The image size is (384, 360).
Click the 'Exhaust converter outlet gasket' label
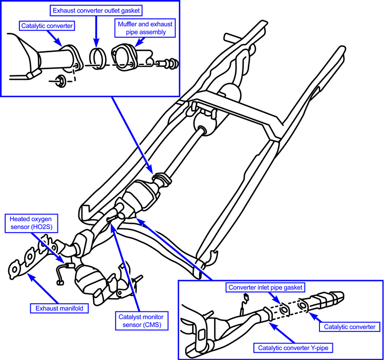pyautogui.click(x=96, y=11)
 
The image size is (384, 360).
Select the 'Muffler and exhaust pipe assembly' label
pyautogui.click(x=145, y=28)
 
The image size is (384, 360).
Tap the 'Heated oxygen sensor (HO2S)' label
pyautogui.click(x=31, y=223)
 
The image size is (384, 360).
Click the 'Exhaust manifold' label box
pyautogui.click(x=59, y=308)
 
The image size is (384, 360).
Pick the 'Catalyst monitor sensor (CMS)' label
pyautogui.click(x=142, y=321)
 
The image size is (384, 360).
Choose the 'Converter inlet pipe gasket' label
pyautogui.click(x=265, y=287)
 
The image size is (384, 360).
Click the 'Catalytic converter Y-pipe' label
pyautogui.click(x=293, y=348)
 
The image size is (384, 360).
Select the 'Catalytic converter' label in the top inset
pyautogui.click(x=47, y=26)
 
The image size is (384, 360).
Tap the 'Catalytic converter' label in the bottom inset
pyautogui.click(x=350, y=327)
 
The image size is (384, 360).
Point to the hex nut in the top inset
pyautogui.click(x=61, y=81)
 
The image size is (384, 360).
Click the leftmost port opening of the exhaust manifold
pyautogui.click(x=14, y=269)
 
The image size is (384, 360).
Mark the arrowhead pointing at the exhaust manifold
pyautogui.click(x=31, y=277)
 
